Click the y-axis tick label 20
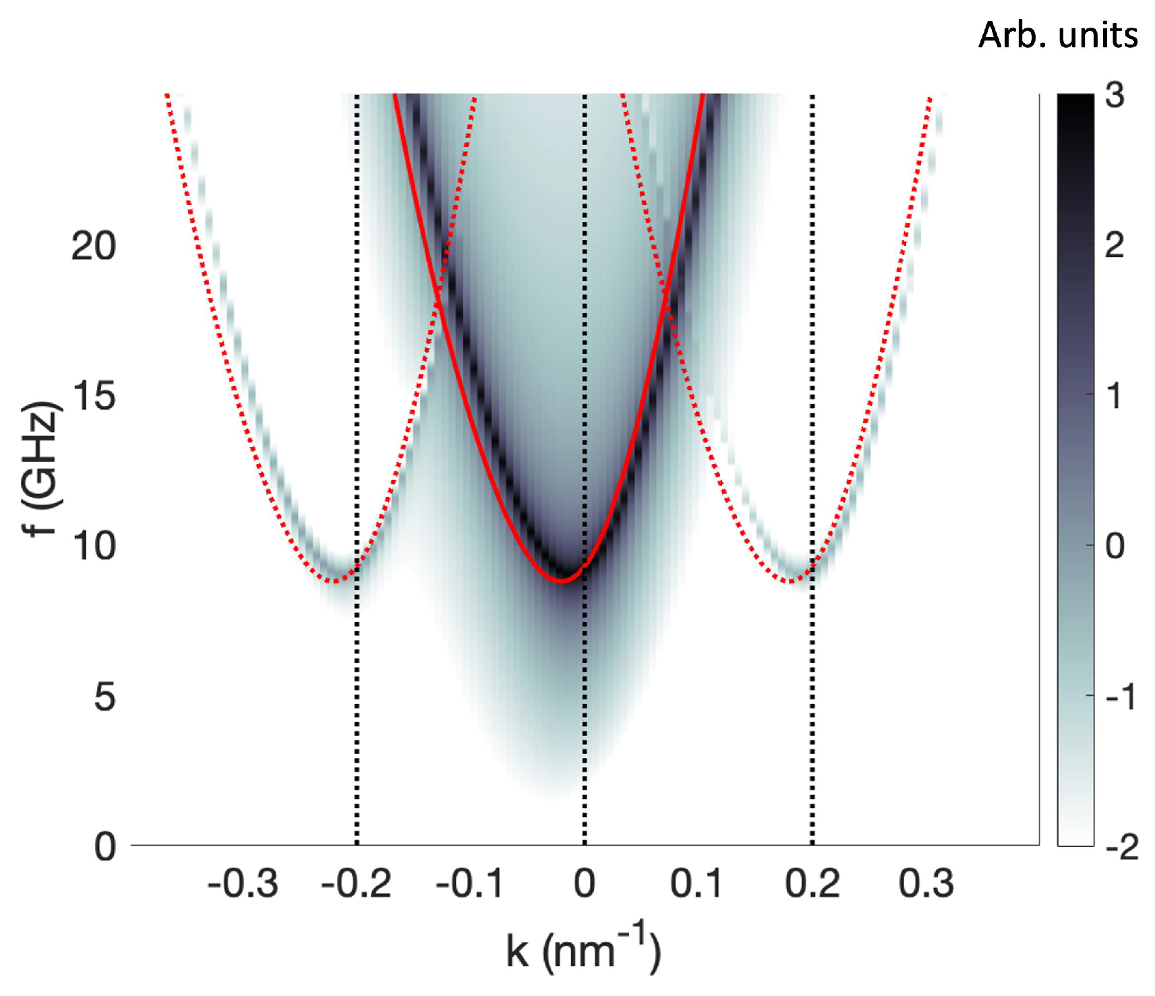point(93,246)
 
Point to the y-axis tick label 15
point(93,396)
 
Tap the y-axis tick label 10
point(93,546)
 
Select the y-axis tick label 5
point(105,696)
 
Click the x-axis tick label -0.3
point(243,883)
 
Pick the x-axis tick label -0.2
point(356,883)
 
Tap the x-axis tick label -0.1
point(469,883)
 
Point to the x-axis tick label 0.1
point(697,883)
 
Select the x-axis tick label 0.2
point(812,883)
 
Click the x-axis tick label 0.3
point(926,883)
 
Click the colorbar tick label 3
point(1115,96)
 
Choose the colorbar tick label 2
point(1115,246)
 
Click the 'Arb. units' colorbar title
point(1057,35)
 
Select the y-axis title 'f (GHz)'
point(42,469)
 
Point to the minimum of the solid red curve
point(561,580)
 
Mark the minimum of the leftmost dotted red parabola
point(333,581)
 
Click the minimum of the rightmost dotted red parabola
point(790,581)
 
